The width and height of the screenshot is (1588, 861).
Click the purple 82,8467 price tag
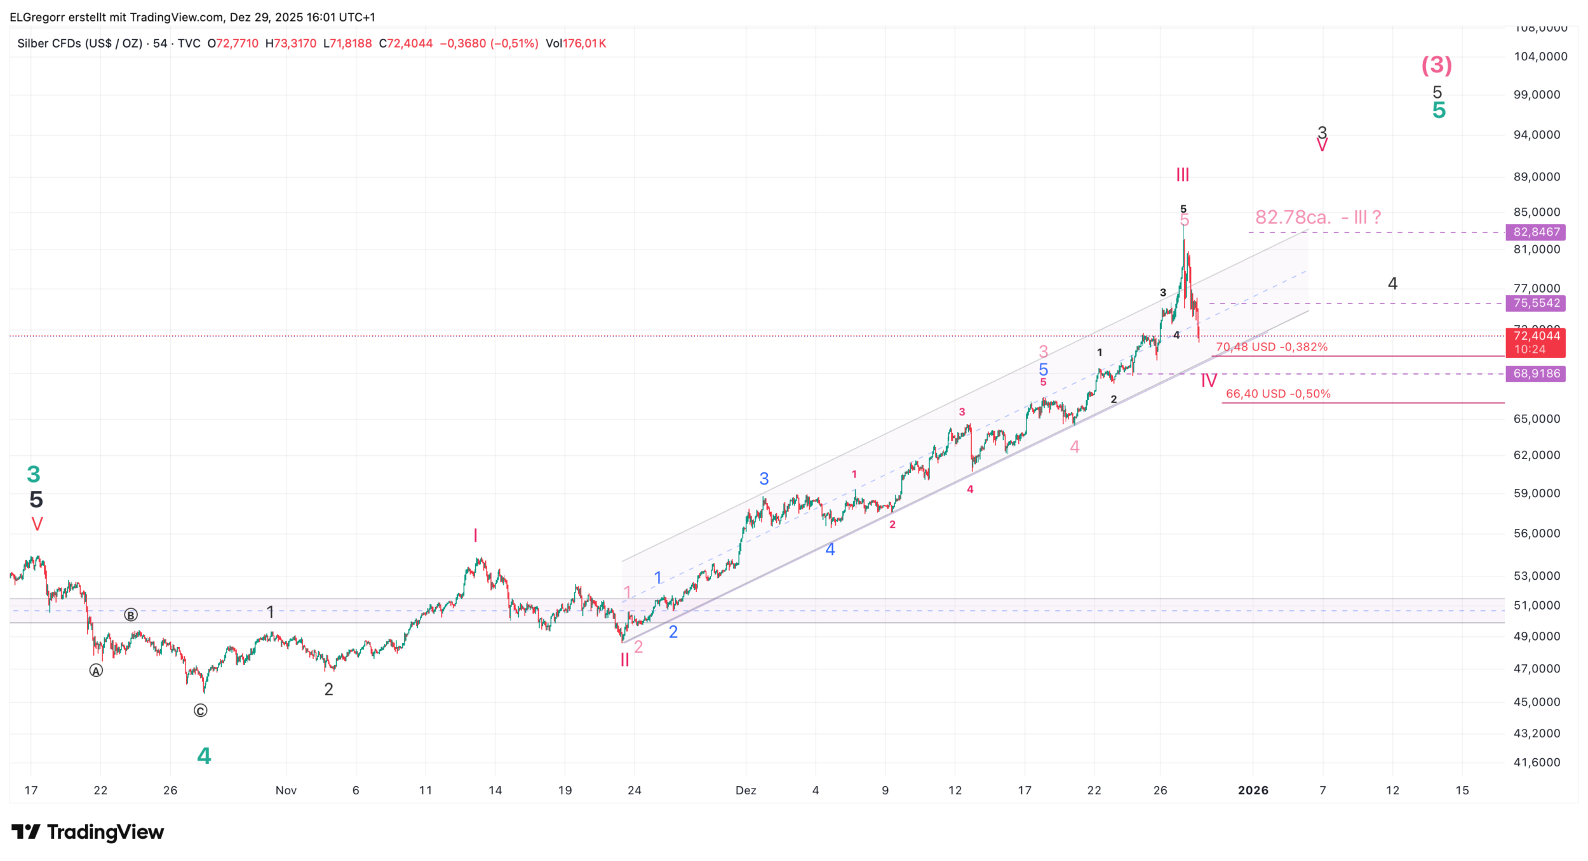pos(1535,232)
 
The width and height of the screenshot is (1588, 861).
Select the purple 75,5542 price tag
pos(1535,304)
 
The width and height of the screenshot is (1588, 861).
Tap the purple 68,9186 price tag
pos(1535,374)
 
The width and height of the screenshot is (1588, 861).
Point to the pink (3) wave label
pos(1436,65)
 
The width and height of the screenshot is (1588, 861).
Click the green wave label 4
pos(204,756)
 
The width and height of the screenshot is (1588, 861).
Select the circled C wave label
pos(200,711)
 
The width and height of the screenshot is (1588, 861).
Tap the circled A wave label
pos(96,671)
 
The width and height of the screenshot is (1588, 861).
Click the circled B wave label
pos(131,615)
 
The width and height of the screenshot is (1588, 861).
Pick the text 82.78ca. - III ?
pos(1318,218)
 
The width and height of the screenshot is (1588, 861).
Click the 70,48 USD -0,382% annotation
pos(1272,347)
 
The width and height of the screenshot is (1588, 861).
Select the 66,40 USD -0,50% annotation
pos(1278,394)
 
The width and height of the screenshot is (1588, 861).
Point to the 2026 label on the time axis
pos(1253,791)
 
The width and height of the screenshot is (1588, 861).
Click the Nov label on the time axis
pos(286,791)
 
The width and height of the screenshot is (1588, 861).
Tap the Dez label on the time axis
pos(746,791)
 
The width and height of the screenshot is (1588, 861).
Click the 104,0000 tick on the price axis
pos(1540,57)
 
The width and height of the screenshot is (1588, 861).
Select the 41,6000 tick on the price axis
pos(1537,763)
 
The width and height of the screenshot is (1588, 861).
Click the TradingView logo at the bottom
pos(88,832)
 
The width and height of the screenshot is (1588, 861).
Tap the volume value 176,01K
pos(584,44)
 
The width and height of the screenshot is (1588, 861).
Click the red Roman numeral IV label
pos(1209,381)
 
